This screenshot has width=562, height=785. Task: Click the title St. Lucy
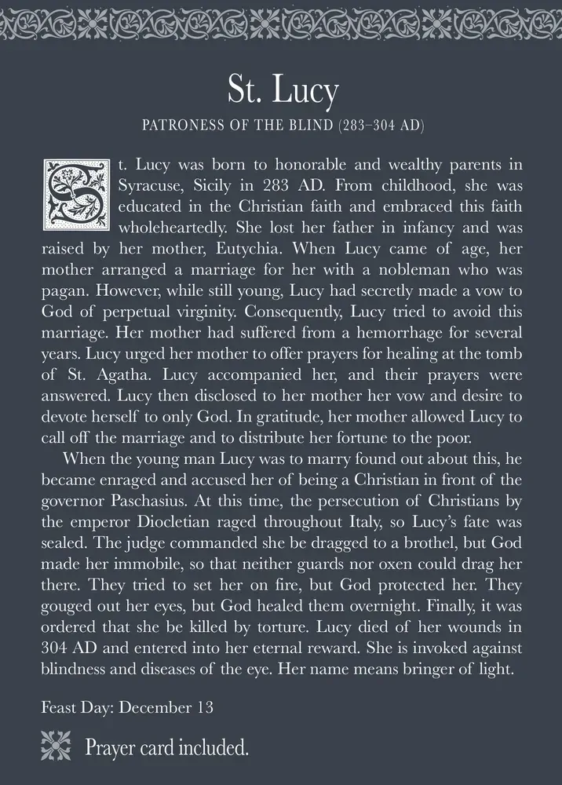click(x=282, y=91)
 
